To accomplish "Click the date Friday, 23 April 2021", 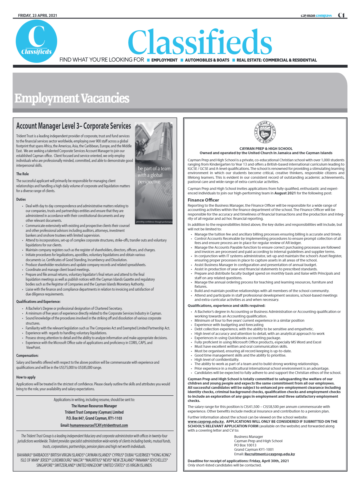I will [x=37, y=15].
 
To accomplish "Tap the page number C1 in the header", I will [x=341, y=15].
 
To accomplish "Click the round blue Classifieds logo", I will [x=36, y=41].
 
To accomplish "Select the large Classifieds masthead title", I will [x=200, y=42].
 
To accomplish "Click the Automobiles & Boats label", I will [x=207, y=60].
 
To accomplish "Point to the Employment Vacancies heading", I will [x=72, y=98].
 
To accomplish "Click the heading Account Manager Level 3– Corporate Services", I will [x=73, y=126].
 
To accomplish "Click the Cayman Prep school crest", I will [x=265, y=132].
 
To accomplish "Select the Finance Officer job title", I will [x=203, y=200].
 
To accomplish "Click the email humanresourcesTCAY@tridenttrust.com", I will [x=99, y=425].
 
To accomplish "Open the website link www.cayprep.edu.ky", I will [x=206, y=422].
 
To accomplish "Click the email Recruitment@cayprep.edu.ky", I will [x=269, y=454].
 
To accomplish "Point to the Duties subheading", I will [x=21, y=200].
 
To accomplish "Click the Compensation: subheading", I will [x=27, y=356].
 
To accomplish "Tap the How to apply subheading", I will [x=26, y=377].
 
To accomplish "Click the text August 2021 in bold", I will [x=285, y=193].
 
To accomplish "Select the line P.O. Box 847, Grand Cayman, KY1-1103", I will [x=94, y=418].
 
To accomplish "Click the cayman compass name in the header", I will [x=316, y=15].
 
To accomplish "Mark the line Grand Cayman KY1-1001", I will [x=254, y=450].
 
